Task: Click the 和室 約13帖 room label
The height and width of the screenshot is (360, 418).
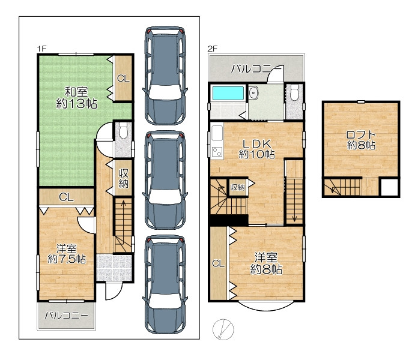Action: click(76, 98)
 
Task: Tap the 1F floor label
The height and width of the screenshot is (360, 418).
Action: click(41, 49)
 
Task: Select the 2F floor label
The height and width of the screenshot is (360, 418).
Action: click(213, 49)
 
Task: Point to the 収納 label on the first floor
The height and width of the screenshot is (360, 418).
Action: click(124, 178)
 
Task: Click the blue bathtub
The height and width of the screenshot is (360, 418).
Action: click(228, 93)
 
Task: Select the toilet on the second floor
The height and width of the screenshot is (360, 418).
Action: click(294, 92)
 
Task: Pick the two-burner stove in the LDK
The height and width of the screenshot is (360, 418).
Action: click(217, 152)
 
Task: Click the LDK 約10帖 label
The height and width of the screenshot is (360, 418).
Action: click(256, 149)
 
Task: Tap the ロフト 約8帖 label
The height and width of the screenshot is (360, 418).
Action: click(361, 140)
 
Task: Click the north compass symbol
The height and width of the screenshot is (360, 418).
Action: click(223, 329)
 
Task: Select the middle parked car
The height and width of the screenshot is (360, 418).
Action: click(165, 180)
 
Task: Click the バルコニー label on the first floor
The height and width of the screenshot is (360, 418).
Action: click(67, 316)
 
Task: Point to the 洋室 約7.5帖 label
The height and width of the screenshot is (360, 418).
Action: click(67, 254)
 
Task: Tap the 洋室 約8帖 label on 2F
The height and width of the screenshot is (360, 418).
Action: click(266, 263)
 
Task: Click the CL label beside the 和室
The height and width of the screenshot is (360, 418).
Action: click(124, 79)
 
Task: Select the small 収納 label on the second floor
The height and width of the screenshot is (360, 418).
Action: click(237, 187)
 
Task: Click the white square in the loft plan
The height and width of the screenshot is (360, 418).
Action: click(389, 187)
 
